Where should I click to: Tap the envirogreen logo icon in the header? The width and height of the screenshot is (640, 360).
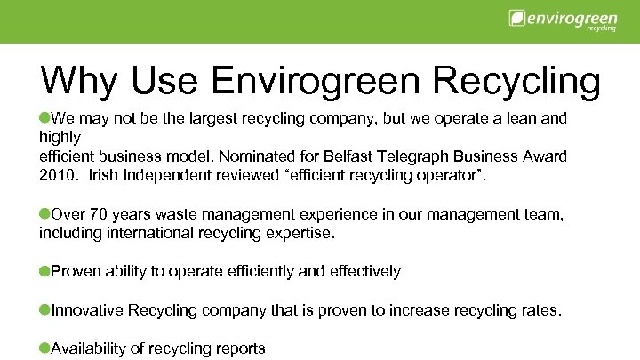pos(515,18)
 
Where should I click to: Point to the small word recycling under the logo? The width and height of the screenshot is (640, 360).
pos(602,28)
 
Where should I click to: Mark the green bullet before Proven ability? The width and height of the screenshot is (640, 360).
pos(44,270)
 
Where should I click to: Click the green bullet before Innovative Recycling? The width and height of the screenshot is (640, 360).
pos(44,309)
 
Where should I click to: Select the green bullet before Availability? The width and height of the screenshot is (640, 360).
pos(44,348)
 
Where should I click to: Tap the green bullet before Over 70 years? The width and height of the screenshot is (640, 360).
pos(44,214)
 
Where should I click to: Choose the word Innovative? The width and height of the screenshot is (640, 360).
pos(88,310)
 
